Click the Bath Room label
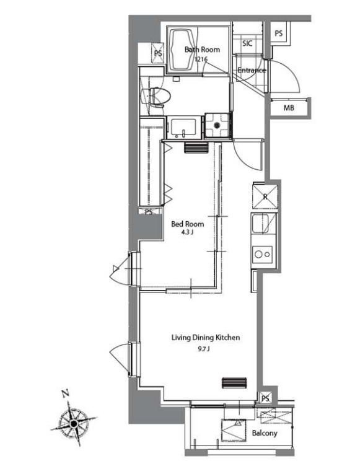pyautogui.click(x=202, y=50)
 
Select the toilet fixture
pyautogui.click(x=156, y=97)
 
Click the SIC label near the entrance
pyautogui.click(x=247, y=43)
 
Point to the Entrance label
pyautogui.click(x=252, y=70)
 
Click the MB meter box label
pyautogui.click(x=289, y=108)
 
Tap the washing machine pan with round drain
pyautogui.click(x=217, y=126)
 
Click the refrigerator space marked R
pyautogui.click(x=265, y=196)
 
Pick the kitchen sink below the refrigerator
pyautogui.click(x=261, y=224)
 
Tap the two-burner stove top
pyautogui.click(x=262, y=254)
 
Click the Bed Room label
pyautogui.click(x=188, y=224)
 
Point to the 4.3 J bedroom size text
pyautogui.click(x=187, y=232)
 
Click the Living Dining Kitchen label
pyautogui.click(x=206, y=338)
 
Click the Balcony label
pyautogui.click(x=265, y=433)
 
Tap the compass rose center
pyautogui.click(x=74, y=424)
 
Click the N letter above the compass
pyautogui.click(x=65, y=393)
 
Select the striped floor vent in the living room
pyautogui.click(x=234, y=383)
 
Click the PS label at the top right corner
pyautogui.click(x=279, y=33)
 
